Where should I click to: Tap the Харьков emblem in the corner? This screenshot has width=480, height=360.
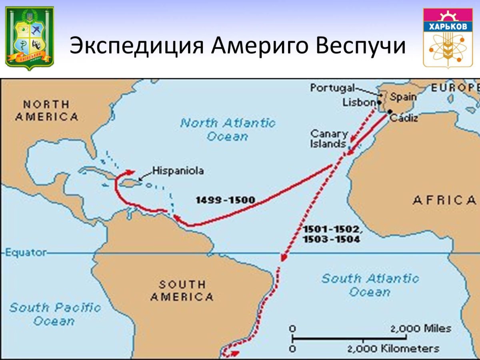tap(450, 38)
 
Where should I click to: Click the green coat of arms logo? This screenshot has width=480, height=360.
tap(30, 38)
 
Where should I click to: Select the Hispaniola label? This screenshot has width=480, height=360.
tap(178, 171)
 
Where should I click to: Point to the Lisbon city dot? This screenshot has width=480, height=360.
tap(379, 102)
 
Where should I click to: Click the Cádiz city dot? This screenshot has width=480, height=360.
tap(390, 112)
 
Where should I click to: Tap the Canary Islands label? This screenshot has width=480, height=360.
tap(329, 139)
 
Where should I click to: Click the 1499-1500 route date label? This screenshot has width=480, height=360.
tap(226, 200)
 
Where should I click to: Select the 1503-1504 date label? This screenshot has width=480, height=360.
tap(331, 239)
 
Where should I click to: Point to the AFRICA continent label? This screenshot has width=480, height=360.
tap(444, 200)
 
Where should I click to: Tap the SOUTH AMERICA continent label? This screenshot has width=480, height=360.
tap(182, 291)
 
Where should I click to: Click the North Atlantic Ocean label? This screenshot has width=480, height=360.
tap(228, 129)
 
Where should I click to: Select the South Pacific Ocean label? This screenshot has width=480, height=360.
tap(54, 314)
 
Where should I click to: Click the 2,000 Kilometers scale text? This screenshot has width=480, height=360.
tap(393, 348)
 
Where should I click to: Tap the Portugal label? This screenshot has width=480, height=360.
tap(332, 88)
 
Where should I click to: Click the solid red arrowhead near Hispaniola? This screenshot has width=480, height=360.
tap(131, 172)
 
